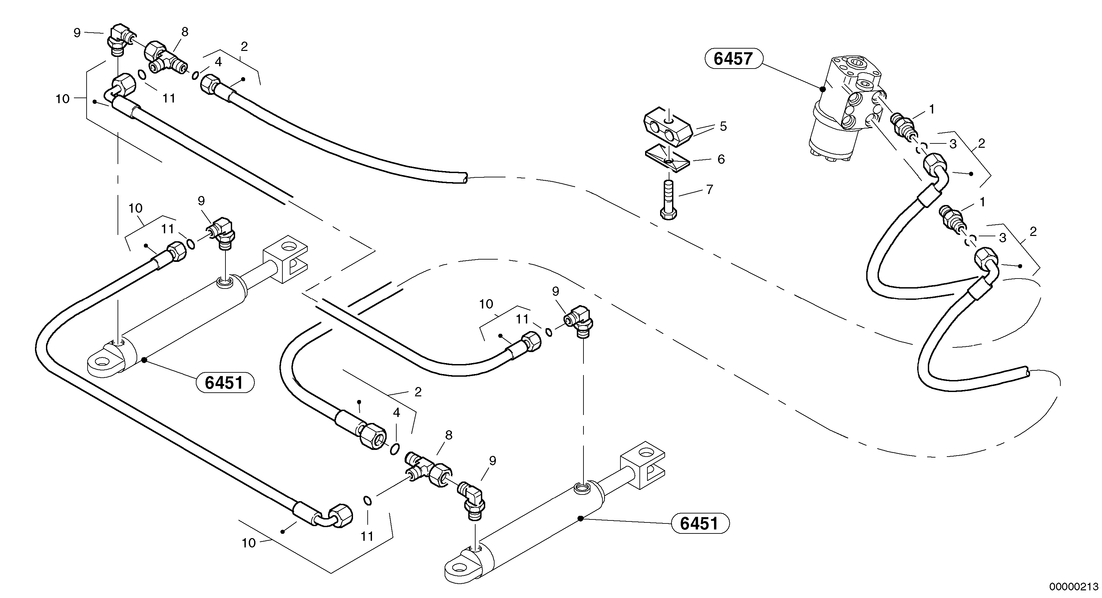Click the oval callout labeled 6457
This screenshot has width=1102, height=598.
click(x=733, y=59)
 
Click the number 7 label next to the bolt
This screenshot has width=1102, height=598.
click(x=709, y=189)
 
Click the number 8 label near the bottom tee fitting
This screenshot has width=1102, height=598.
click(x=448, y=435)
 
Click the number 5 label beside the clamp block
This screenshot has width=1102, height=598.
click(x=723, y=126)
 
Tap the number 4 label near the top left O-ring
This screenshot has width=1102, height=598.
click(x=218, y=62)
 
